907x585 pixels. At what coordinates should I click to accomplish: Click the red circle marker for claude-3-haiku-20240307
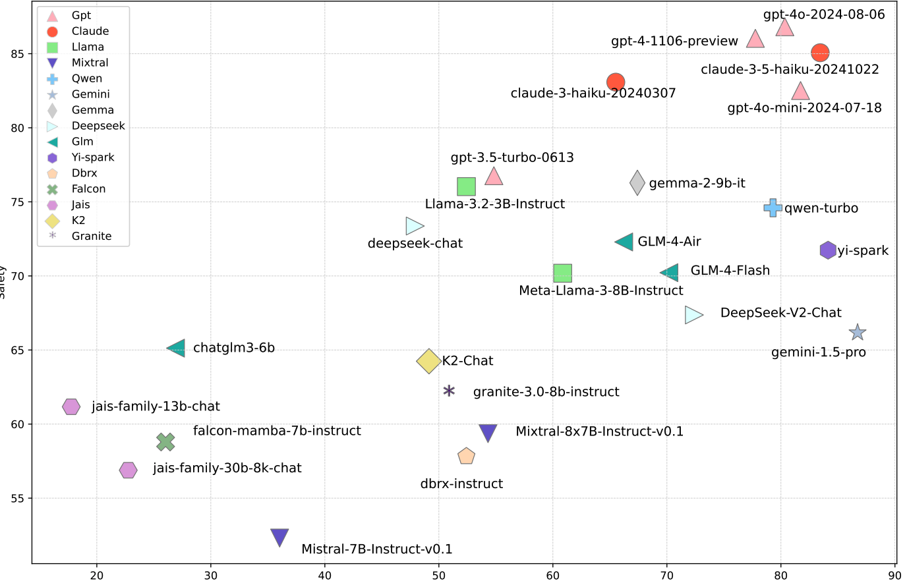[x=615, y=82]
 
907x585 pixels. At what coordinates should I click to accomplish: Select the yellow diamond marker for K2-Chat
[x=428, y=361]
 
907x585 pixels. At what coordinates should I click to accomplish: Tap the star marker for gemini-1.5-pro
[x=857, y=333]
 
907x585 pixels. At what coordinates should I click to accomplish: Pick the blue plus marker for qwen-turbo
[x=773, y=208]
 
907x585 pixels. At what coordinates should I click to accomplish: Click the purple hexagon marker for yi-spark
[x=828, y=250]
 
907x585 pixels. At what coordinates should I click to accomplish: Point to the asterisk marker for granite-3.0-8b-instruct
[x=449, y=391]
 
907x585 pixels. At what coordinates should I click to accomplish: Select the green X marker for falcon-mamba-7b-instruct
[x=165, y=442]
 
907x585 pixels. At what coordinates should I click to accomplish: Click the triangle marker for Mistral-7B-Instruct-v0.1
[x=279, y=537]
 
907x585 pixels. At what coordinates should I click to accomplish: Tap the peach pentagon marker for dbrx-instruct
[x=466, y=456]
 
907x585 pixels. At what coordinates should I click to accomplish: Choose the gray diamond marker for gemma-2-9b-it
[x=637, y=182]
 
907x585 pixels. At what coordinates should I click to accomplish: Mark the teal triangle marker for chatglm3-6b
[x=177, y=348]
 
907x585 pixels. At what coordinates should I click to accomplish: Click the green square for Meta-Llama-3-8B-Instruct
[x=562, y=273]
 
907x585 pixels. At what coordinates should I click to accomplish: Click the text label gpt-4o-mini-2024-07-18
[x=804, y=108]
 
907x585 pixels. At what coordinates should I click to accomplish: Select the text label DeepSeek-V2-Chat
[x=780, y=313]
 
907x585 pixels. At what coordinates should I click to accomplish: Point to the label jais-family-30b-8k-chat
[x=227, y=468]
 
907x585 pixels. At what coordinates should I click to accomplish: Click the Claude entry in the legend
[x=90, y=31]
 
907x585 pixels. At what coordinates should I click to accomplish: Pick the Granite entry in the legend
[x=91, y=236]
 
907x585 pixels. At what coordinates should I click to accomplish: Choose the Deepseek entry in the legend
[x=98, y=126]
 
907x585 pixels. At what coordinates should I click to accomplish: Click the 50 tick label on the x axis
[x=439, y=574]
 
